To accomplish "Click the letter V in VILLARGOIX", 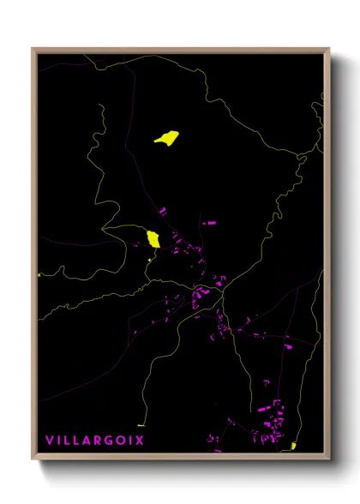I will [x=49, y=440].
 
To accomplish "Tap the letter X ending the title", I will [x=140, y=440].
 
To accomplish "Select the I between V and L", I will [x=58, y=440].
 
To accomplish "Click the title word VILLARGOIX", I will [x=94, y=440].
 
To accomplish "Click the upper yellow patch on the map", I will [x=166, y=137].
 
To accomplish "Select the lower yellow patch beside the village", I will [x=153, y=239].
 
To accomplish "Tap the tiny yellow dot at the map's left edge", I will [x=39, y=275].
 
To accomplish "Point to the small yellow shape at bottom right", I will [x=292, y=446].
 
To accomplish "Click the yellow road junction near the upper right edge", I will [x=299, y=155].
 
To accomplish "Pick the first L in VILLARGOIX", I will [x=67, y=440].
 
